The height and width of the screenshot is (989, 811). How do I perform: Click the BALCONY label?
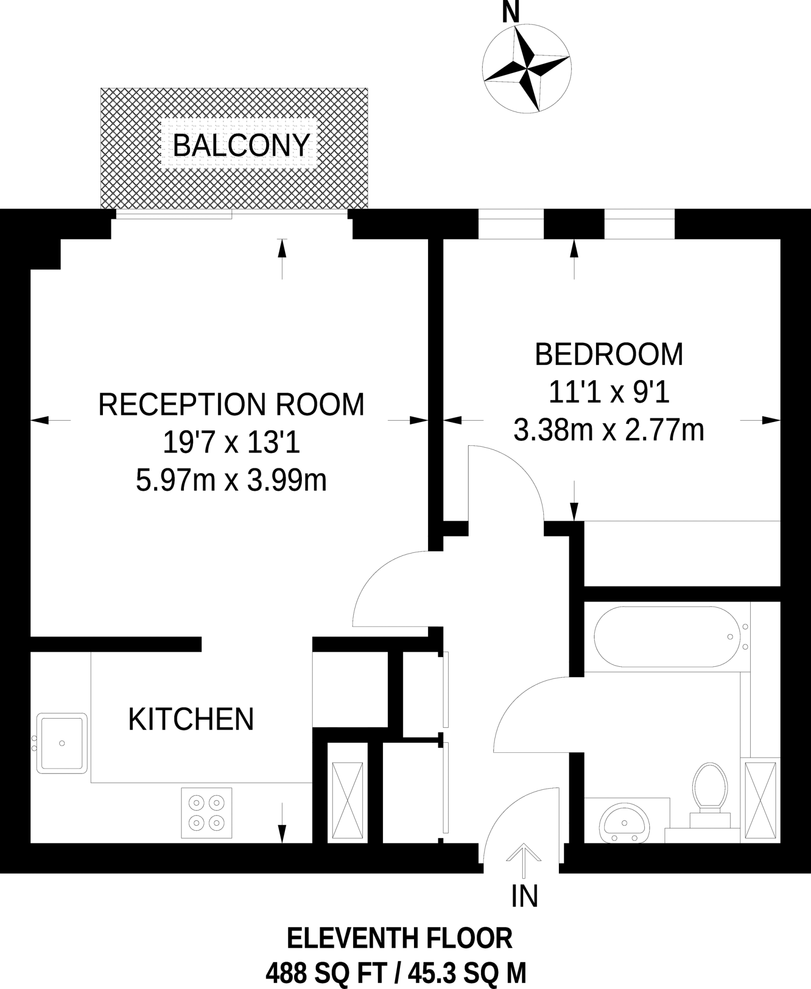[x=241, y=145]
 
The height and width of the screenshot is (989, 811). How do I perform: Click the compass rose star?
[x=527, y=69]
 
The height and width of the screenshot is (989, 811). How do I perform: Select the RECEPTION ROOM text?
[x=231, y=405]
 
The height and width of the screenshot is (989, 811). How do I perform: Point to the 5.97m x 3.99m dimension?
[x=231, y=481]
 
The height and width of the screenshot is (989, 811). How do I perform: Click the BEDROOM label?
[x=609, y=354]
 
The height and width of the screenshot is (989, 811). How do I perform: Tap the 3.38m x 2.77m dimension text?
[x=609, y=430]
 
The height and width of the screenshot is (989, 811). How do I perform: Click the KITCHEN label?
[x=191, y=720]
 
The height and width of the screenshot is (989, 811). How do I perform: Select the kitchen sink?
[x=62, y=744]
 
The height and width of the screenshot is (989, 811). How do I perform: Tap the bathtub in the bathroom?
[x=667, y=636]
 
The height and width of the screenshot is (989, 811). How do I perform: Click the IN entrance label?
[x=525, y=896]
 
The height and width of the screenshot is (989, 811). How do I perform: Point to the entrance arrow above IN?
[x=524, y=860]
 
